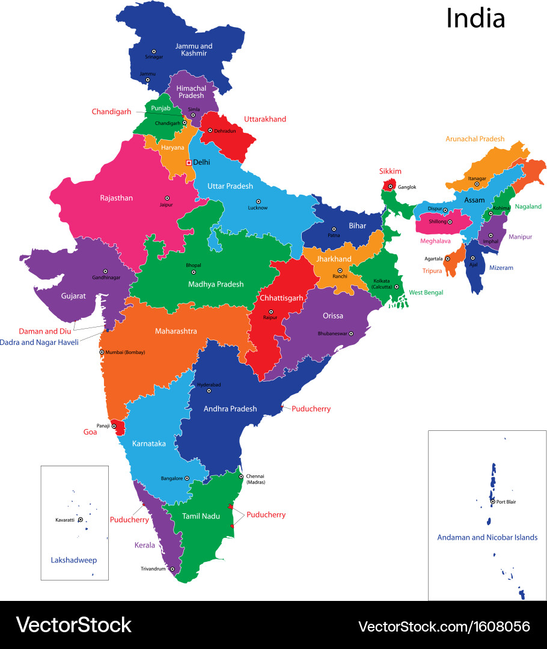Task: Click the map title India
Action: pos(475,19)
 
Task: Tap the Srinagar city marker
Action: pos(154,52)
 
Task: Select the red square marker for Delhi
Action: pos(189,162)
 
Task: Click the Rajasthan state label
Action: pos(117,198)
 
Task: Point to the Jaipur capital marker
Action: pos(167,198)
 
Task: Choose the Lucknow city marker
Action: pos(258,201)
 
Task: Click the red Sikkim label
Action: pos(390,171)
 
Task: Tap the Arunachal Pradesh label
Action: pos(475,139)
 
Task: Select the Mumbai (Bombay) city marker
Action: pos(102,352)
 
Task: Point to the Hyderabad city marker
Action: pos(209,391)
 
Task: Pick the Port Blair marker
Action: pos(492,501)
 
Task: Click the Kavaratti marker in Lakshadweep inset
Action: pos(80,520)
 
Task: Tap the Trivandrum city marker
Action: pos(172,568)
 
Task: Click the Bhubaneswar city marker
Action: pos(350,334)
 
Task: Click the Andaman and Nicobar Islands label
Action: pos(487,537)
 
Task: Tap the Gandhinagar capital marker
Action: pos(105,271)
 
